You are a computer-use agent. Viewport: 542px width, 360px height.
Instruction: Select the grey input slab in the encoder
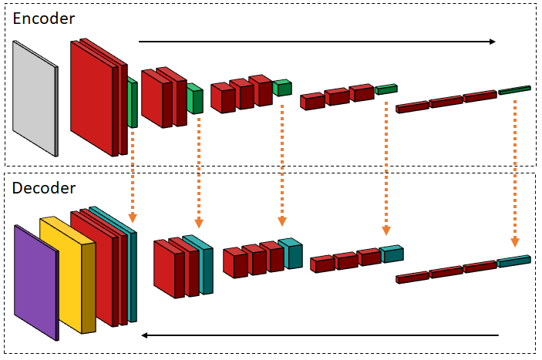pos(35,96)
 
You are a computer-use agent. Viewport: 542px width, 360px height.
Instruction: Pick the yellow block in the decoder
pos(66,274)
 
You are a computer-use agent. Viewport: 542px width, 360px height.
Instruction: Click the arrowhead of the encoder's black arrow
pos(491,42)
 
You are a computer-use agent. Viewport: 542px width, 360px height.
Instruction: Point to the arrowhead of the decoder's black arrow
pos(145,335)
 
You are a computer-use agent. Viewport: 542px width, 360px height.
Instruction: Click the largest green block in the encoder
pos(133,104)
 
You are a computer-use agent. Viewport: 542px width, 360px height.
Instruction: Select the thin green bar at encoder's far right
pos(514,90)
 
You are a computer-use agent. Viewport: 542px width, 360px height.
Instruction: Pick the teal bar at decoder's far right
pos(513,261)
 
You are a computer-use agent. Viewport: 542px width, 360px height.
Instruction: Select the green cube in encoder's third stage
pos(282,88)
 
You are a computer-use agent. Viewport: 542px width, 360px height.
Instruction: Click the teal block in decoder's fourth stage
pos(391,254)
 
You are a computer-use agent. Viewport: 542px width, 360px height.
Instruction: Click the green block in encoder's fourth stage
pos(385,89)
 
